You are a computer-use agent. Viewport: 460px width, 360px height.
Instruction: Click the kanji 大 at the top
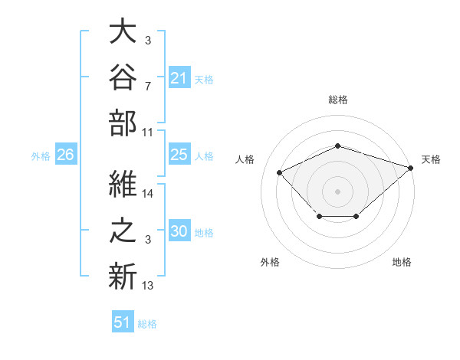(123, 31)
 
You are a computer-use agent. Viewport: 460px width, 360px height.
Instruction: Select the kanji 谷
(123, 77)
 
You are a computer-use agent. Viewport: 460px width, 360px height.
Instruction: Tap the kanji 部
(123, 123)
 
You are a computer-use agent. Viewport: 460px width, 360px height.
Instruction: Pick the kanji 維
(123, 184)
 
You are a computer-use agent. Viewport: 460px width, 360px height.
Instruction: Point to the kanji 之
(123, 230)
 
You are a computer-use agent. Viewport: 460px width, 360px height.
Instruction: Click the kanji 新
(123, 277)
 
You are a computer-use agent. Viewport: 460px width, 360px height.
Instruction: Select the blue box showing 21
(179, 77)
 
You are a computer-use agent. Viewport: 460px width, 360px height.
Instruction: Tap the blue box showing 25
(179, 154)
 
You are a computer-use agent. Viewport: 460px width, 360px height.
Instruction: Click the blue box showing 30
(179, 230)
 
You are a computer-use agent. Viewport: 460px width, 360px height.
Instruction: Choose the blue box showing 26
(66, 154)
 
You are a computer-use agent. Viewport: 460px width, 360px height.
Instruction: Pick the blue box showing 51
(123, 321)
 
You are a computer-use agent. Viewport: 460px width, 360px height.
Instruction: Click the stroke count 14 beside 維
(147, 194)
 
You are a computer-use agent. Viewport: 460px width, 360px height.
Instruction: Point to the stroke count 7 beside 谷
(148, 87)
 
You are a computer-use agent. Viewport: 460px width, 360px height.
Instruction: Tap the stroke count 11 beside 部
(147, 133)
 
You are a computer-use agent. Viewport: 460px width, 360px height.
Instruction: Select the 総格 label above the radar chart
(338, 100)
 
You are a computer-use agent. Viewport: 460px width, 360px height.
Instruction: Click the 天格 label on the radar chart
(431, 159)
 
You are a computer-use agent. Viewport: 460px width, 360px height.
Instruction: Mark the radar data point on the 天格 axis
(411, 168)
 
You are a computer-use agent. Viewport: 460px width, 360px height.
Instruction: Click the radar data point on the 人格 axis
(280, 172)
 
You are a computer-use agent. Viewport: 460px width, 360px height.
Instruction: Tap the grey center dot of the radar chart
(337, 191)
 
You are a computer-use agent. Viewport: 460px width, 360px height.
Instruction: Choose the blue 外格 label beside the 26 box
(41, 156)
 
